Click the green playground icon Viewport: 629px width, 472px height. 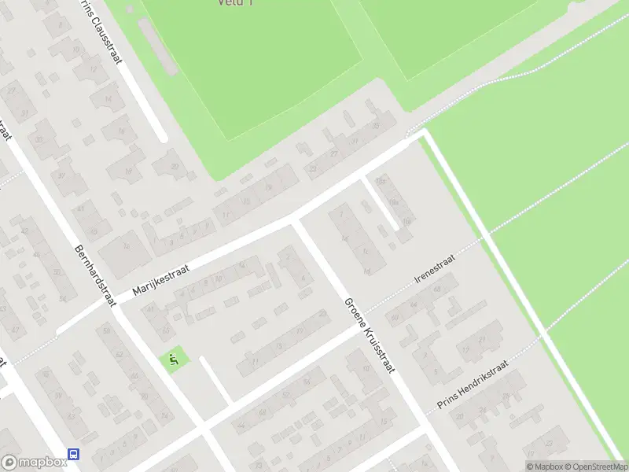tap(175, 361)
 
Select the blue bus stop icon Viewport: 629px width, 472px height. tap(73, 454)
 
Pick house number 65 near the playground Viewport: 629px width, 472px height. tap(164, 329)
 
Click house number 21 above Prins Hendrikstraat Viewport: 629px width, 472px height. tap(480, 340)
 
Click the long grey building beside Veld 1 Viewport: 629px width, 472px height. tap(158, 46)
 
